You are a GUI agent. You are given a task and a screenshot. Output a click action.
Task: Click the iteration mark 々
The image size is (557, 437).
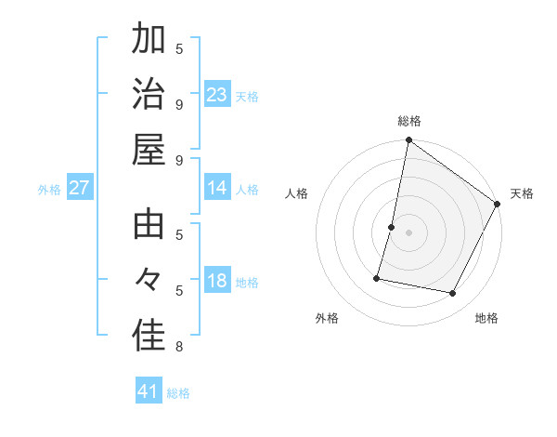pos(149,280)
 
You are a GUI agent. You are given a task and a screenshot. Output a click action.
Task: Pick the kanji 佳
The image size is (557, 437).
pos(149,336)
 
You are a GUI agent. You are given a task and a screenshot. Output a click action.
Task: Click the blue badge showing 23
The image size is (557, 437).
pos(217,95)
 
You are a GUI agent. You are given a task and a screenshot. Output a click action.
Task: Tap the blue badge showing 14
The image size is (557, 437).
pos(217,189)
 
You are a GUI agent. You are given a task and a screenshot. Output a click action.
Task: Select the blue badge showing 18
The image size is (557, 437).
pos(217,282)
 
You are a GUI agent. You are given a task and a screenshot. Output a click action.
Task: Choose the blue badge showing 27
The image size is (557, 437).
pos(79,189)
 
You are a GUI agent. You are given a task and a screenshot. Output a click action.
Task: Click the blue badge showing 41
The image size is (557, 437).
pos(149,391)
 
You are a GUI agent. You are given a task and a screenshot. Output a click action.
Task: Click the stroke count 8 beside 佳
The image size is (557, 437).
pos(179,347)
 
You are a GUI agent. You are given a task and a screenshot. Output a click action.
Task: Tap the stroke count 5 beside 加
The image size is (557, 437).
pos(179,48)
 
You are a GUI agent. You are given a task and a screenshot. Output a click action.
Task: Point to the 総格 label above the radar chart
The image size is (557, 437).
pos(409,121)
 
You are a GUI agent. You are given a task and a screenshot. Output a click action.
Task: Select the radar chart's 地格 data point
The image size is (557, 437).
pos(452,294)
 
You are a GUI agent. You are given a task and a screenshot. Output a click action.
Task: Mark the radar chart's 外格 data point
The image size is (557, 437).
pos(378,277)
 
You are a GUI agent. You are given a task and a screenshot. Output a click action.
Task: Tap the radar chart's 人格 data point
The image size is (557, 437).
pos(392,227)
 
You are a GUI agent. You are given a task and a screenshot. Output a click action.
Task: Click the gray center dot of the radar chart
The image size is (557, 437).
pos(409,232)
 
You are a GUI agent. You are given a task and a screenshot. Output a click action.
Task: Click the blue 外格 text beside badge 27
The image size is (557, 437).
pos(49,190)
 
